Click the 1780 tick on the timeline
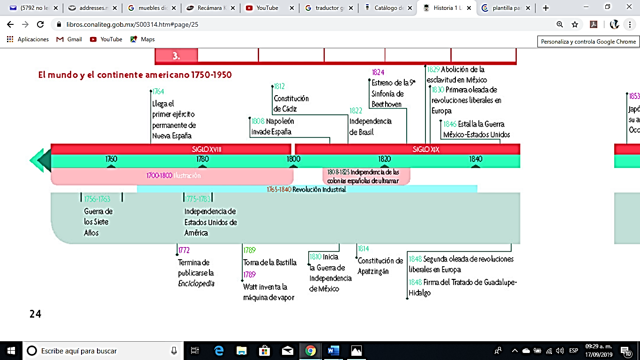pos(203,159)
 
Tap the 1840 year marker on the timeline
pos(476,159)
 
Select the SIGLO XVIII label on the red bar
pos(207,149)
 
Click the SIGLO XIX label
pos(426,149)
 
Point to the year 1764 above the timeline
pos(158,91)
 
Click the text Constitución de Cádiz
pos(291,104)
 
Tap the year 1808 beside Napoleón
pos(258,121)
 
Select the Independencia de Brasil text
pos(371,127)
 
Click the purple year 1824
pos(378,72)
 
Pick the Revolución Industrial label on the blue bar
pos(319,189)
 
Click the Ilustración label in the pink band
pos(187,175)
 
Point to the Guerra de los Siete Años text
pos(98,222)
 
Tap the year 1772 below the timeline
pos(184,250)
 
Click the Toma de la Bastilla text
pos(270,262)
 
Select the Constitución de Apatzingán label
pos(380,266)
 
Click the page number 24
pos(36,314)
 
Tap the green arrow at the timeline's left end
pos(40,160)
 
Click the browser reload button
pos(40,24)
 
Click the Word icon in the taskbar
pos(333,351)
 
